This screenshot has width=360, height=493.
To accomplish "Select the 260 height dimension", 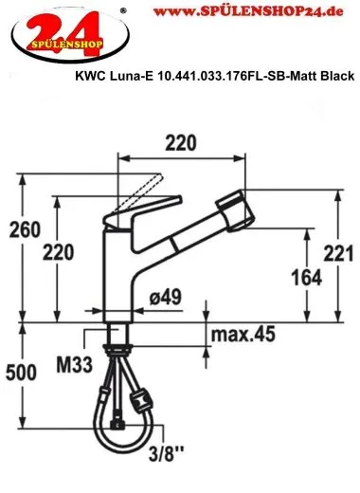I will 20,229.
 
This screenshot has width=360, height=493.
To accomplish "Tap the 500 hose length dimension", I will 20,372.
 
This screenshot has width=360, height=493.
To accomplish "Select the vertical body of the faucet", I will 121,275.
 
